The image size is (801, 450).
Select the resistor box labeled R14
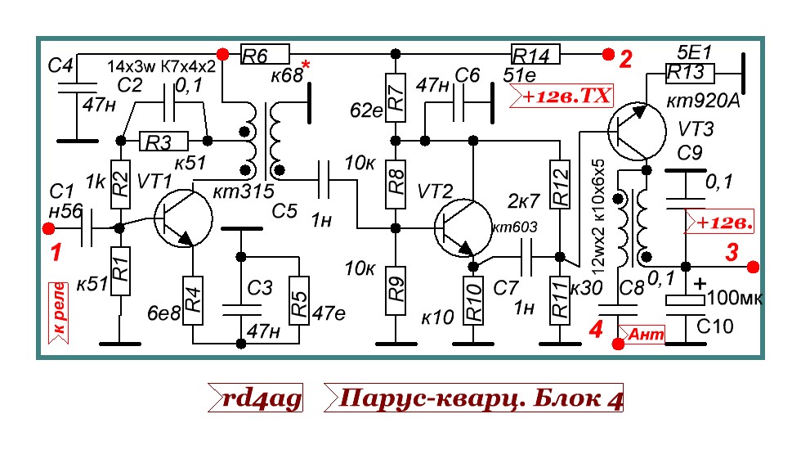(x=535, y=55)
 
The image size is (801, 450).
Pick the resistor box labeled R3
(x=163, y=142)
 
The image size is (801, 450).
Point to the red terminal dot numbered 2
(x=606, y=55)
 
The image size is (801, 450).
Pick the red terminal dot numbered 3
(x=753, y=266)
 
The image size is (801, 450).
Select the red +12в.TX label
(x=561, y=97)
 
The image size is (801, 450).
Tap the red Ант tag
(x=644, y=334)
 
